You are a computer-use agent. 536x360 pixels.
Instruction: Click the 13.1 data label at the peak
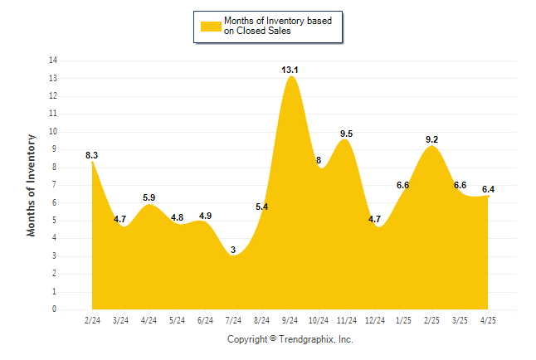pyautogui.click(x=290, y=70)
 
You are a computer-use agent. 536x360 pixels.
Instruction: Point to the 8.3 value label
pyautogui.click(x=91, y=155)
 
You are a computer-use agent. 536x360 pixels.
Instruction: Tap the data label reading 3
pyautogui.click(x=233, y=250)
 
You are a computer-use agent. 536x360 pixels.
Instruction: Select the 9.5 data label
pyautogui.click(x=346, y=134)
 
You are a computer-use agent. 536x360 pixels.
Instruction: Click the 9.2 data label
pyautogui.click(x=431, y=139)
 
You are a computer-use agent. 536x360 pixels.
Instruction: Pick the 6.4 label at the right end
pyautogui.click(x=488, y=189)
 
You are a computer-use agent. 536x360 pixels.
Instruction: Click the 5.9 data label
pyautogui.click(x=149, y=197)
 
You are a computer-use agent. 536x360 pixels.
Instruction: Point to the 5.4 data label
pyautogui.click(x=262, y=207)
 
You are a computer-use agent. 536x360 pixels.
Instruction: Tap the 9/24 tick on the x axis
pyautogui.click(x=290, y=320)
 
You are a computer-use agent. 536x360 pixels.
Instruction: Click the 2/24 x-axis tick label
pyautogui.click(x=92, y=320)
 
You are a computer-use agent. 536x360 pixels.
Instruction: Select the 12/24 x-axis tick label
pyautogui.click(x=375, y=320)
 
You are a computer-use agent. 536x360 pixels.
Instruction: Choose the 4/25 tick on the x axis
pyautogui.click(x=488, y=320)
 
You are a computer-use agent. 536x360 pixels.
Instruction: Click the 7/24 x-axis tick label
pyautogui.click(x=233, y=320)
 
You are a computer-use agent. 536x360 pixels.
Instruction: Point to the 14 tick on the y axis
pyautogui.click(x=53, y=61)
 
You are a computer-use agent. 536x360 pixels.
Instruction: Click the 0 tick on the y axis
pyautogui.click(x=54, y=309)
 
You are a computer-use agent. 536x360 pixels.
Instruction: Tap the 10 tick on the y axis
pyautogui.click(x=53, y=132)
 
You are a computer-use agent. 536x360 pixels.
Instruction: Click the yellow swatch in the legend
pyautogui.click(x=211, y=27)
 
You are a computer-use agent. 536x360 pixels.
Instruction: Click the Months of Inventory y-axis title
pyautogui.click(x=31, y=185)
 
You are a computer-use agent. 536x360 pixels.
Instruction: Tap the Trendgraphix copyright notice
pyautogui.click(x=290, y=339)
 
